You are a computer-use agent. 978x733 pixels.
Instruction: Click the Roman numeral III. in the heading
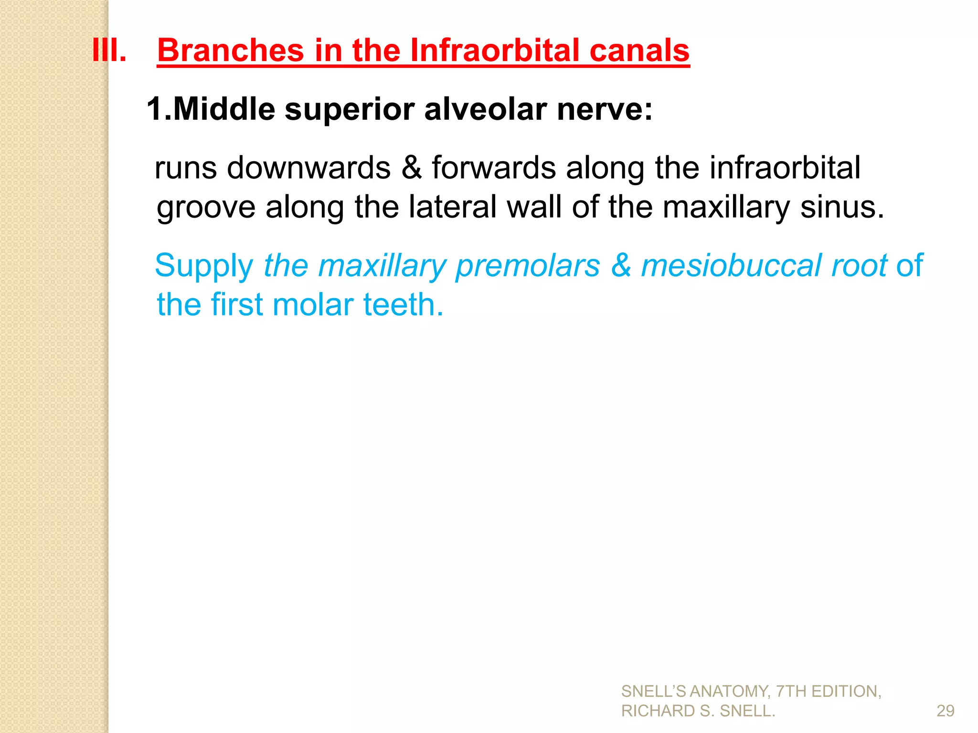pos(109,50)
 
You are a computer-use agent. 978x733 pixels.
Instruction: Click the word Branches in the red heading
pos(231,50)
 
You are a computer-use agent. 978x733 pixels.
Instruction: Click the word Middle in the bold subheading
pos(224,109)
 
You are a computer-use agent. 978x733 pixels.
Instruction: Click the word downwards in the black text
pos(308,168)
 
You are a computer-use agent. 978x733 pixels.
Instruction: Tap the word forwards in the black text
pos(494,168)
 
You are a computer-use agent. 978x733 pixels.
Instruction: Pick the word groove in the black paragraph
pos(205,208)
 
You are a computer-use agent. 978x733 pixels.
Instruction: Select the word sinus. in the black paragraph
pos(842,207)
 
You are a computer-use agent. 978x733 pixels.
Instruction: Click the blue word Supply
pos(204,266)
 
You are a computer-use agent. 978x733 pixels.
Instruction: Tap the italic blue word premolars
pos(528,266)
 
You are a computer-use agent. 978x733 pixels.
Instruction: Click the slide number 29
pos(945,711)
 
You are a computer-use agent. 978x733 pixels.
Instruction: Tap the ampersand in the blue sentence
pos(621,265)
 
